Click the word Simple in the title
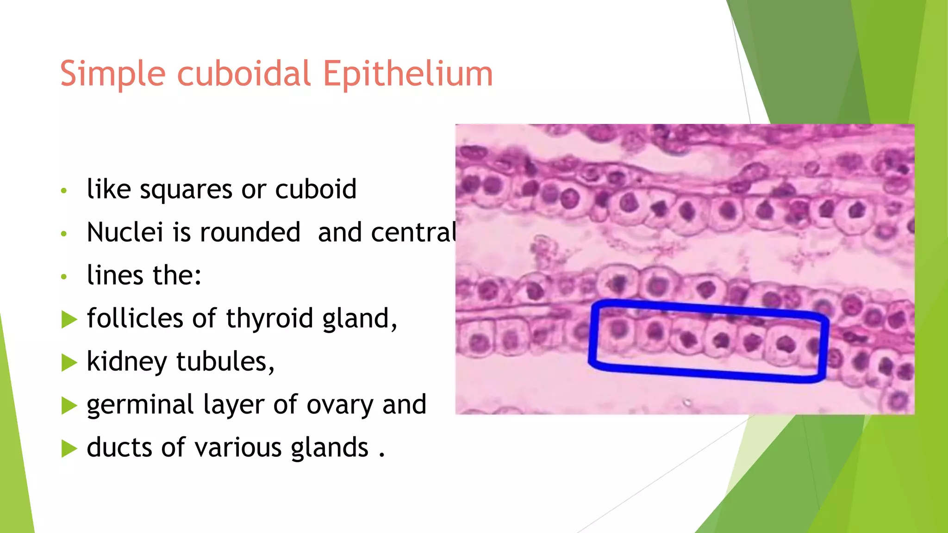tap(112, 74)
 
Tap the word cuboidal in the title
tap(244, 74)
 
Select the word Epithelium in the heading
tap(407, 74)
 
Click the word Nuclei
tap(125, 232)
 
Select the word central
tap(387, 232)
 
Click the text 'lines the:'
tap(144, 275)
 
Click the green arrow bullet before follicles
tap(69, 319)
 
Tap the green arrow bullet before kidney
tap(69, 362)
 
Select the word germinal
tap(140, 405)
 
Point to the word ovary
tap(340, 405)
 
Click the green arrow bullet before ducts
tap(69, 448)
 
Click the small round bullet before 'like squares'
tap(64, 191)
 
